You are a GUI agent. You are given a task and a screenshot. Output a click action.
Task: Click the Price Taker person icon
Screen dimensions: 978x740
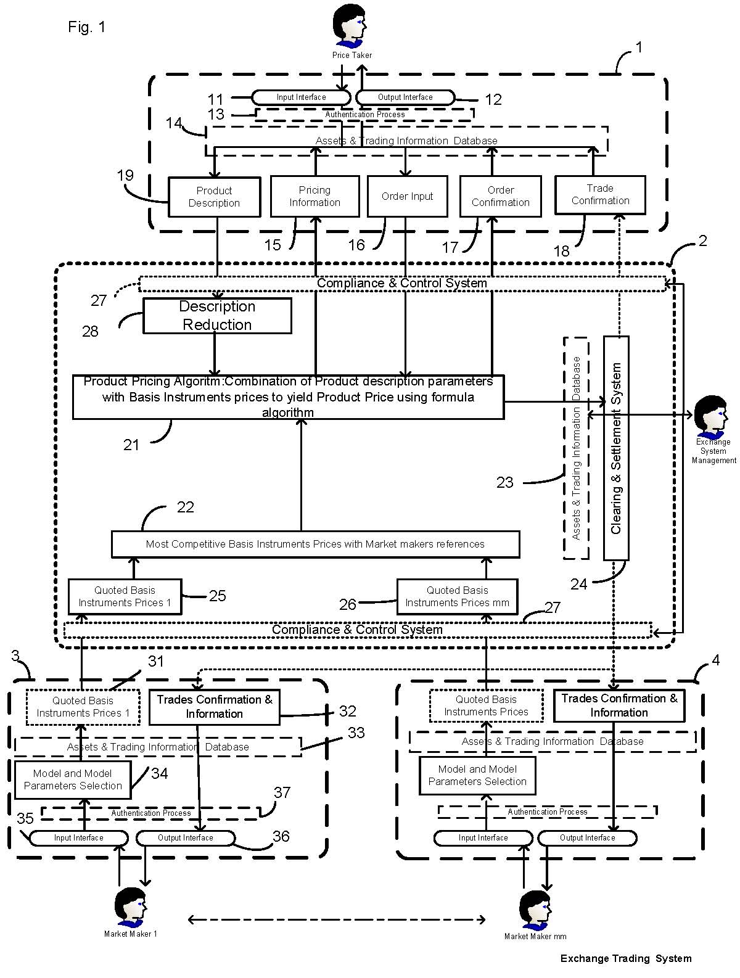click(x=350, y=26)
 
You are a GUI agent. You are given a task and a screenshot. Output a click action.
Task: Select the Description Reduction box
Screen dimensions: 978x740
click(x=217, y=316)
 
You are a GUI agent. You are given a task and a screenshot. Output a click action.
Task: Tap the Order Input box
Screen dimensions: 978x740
click(x=407, y=196)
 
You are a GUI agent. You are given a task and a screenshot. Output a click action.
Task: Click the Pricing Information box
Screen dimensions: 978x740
click(x=314, y=196)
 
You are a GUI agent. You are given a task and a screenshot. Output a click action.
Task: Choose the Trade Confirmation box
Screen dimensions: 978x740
click(x=600, y=195)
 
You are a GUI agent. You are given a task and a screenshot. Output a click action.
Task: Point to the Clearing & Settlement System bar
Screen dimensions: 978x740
click(x=616, y=448)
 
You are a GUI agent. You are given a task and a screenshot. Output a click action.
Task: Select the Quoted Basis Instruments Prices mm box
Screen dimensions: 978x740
click(x=457, y=596)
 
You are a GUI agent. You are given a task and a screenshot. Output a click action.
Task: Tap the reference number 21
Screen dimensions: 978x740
click(x=131, y=445)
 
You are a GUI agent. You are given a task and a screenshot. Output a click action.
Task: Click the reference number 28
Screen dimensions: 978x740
click(x=90, y=332)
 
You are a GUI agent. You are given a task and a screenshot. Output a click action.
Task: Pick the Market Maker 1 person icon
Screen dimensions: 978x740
click(x=130, y=906)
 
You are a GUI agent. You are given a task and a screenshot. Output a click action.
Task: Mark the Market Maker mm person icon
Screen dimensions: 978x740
click(x=534, y=909)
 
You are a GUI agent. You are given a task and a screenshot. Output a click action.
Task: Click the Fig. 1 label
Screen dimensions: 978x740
click(x=87, y=27)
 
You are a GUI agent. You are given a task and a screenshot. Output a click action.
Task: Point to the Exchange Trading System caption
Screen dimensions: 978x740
click(x=626, y=958)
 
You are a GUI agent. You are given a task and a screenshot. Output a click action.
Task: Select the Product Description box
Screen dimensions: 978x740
click(x=214, y=197)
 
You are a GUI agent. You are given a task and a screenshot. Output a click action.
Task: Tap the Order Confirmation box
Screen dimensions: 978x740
click(x=500, y=196)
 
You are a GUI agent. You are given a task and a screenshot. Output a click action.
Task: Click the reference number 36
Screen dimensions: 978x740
click(x=281, y=836)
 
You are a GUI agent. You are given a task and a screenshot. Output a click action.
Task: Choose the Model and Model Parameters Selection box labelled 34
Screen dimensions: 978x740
click(x=73, y=779)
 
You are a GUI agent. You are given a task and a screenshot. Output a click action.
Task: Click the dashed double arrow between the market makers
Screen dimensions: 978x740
click(x=336, y=920)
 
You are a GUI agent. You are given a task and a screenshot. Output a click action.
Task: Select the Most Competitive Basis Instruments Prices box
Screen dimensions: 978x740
click(x=315, y=544)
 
